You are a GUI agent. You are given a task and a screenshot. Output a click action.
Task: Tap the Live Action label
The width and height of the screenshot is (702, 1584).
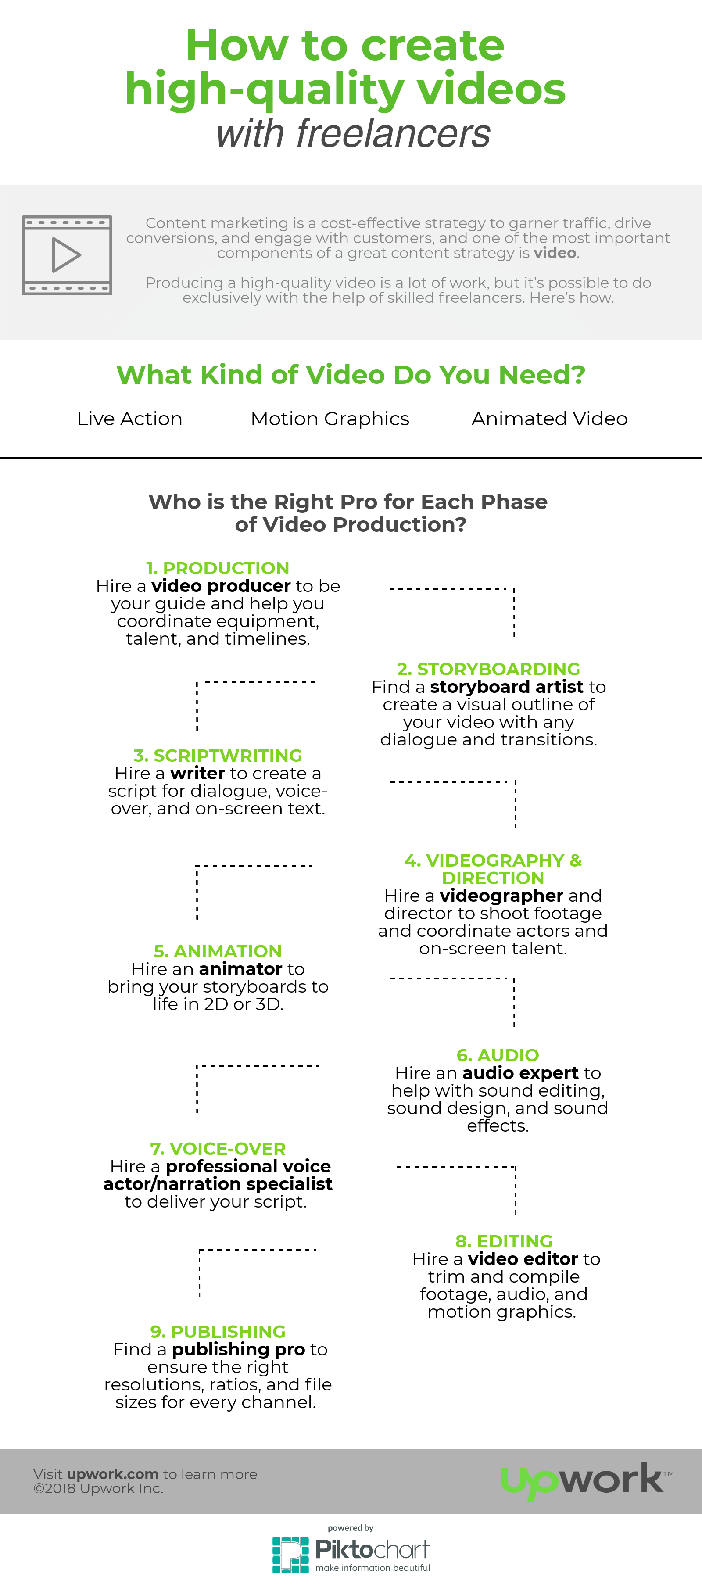(x=130, y=419)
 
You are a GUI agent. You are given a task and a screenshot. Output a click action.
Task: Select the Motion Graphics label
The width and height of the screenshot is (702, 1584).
(x=330, y=419)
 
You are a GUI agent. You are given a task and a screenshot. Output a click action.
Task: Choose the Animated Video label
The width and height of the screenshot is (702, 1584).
(x=550, y=419)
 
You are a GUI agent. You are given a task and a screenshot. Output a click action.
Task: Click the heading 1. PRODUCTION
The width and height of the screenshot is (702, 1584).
(x=218, y=568)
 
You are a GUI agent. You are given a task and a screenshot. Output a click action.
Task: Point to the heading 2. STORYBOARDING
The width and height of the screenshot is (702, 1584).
(x=489, y=669)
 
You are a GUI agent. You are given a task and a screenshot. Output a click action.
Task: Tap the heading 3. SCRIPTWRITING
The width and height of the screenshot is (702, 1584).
(x=218, y=755)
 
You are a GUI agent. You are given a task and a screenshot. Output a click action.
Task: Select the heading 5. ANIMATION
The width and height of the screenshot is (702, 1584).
(x=218, y=951)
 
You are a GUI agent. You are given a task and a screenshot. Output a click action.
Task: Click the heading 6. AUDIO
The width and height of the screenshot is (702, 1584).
(x=498, y=1055)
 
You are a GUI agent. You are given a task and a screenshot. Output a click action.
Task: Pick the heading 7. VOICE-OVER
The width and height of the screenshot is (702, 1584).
(x=218, y=1149)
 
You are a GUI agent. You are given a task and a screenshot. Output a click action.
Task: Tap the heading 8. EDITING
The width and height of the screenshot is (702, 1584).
(x=504, y=1241)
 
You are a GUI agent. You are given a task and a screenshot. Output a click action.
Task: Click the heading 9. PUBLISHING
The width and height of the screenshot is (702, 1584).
(x=218, y=1332)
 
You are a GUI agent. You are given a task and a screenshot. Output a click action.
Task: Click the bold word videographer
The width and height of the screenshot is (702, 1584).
(x=501, y=896)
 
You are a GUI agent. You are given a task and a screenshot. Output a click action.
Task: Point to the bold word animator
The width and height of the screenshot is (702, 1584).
(x=240, y=969)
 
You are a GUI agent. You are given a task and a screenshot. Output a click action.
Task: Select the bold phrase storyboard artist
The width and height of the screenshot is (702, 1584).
(x=506, y=687)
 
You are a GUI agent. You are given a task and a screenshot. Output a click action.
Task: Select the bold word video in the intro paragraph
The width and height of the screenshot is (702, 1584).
(x=555, y=253)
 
